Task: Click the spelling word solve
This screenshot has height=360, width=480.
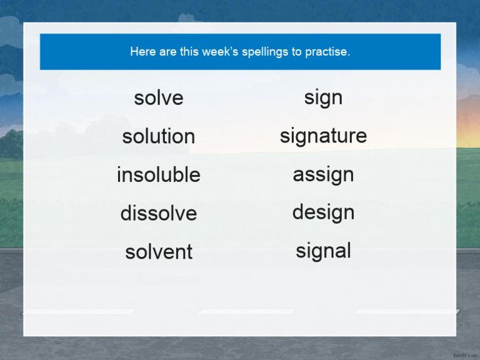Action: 159,98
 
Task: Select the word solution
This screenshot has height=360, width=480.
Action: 159,136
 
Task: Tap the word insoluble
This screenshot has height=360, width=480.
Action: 159,175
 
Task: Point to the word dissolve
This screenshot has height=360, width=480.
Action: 159,214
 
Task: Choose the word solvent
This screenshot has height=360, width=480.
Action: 159,252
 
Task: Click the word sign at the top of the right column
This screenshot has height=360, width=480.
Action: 323,98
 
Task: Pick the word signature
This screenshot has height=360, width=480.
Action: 323,136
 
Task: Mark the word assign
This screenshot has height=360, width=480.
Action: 323,175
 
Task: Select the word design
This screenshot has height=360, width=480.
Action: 323,213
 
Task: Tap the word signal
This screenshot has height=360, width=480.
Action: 323,251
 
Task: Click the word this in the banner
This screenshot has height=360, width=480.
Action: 189,52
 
